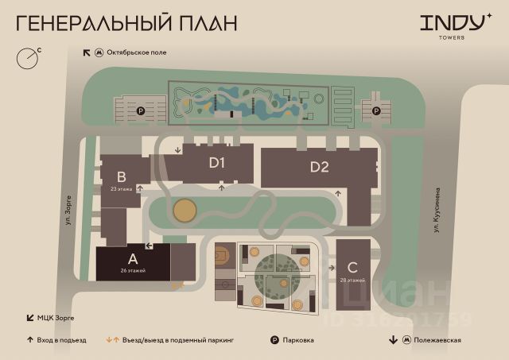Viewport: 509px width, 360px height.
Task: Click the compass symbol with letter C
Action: tap(29, 57)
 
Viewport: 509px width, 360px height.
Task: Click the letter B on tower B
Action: tap(121, 176)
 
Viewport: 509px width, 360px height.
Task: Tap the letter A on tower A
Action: tap(132, 258)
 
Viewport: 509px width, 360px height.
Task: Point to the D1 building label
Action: tap(218, 164)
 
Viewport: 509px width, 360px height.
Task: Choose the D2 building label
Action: tap(320, 167)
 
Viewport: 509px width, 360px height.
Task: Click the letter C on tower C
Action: tap(352, 268)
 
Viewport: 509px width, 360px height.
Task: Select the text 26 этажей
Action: tap(133, 272)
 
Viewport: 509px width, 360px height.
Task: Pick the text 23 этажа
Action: tap(121, 189)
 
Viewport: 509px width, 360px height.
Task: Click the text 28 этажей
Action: tap(352, 281)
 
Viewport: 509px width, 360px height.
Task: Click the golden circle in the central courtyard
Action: tap(184, 211)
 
